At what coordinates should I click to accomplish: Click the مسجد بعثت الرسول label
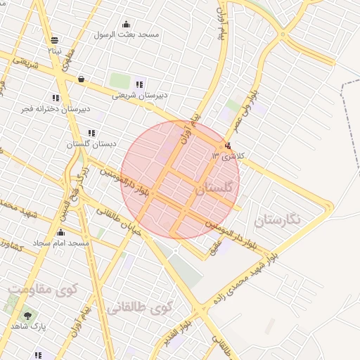click(x=129, y=34)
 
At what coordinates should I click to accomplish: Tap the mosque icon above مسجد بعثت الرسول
click(x=126, y=24)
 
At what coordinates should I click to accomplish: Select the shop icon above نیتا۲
click(x=55, y=39)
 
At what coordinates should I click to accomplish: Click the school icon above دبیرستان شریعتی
click(x=139, y=84)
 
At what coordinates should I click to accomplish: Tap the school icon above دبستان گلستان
click(x=91, y=133)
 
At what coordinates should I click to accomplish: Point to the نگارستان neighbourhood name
click(x=277, y=220)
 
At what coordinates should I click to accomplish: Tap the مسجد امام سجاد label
click(x=63, y=243)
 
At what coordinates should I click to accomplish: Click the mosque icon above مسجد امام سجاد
click(x=60, y=233)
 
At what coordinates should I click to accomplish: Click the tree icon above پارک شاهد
click(x=27, y=316)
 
